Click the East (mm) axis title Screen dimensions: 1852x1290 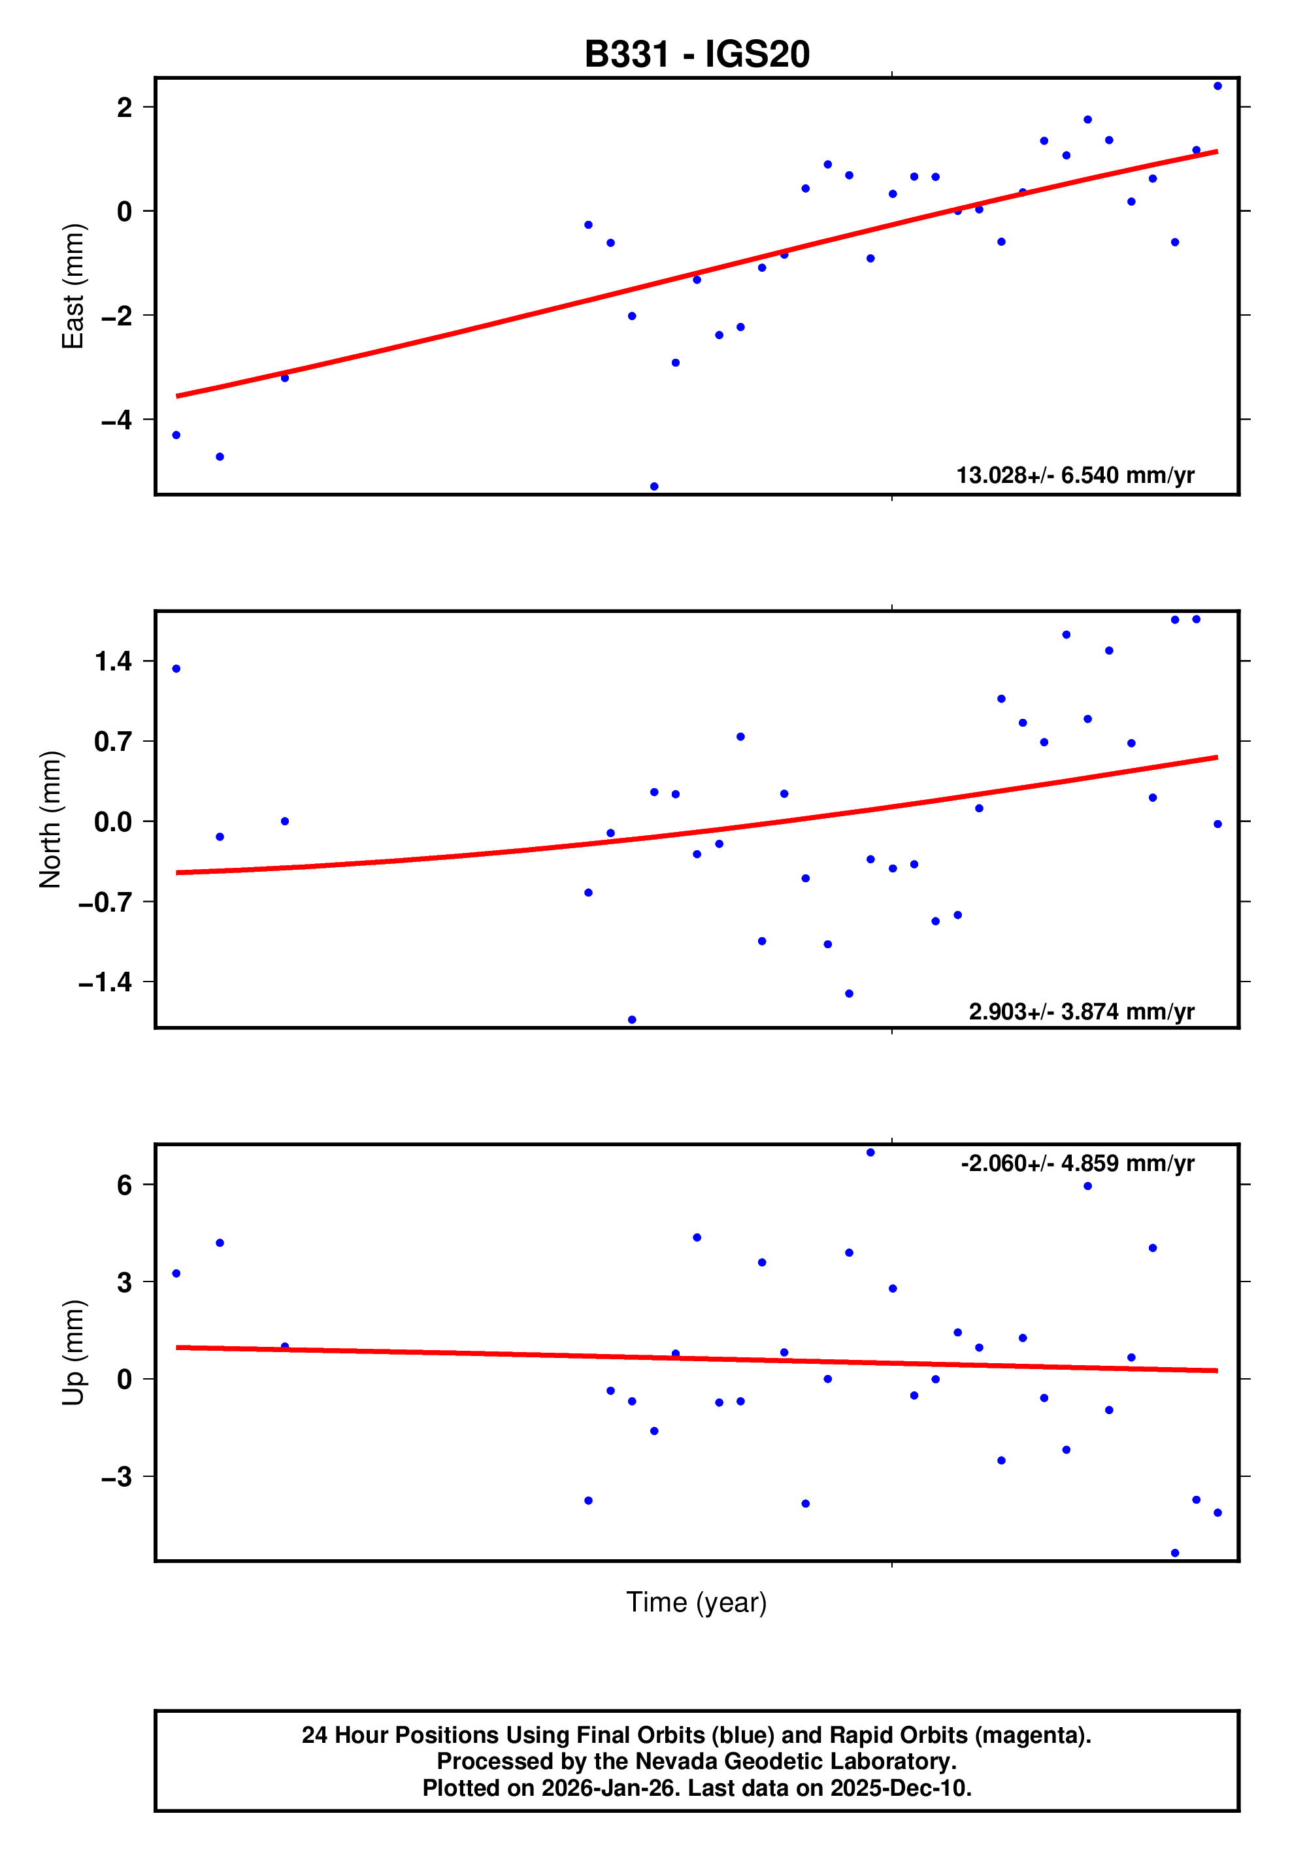click(73, 286)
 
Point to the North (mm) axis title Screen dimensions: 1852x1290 click(50, 819)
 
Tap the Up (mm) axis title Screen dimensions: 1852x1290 click(73, 1353)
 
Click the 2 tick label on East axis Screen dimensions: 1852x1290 click(124, 107)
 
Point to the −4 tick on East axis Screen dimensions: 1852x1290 click(116, 420)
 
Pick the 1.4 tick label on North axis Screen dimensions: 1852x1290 click(113, 661)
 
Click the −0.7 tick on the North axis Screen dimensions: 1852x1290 click(105, 902)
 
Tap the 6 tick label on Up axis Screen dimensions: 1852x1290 click(124, 1185)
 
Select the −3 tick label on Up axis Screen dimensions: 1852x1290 click(116, 1477)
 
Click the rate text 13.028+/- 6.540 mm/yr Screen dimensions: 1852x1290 click(1074, 475)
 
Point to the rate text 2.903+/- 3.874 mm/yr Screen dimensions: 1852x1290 click(1081, 1012)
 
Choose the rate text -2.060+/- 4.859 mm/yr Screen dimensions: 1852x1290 click(1077, 1163)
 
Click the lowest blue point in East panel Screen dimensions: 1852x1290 click(654, 486)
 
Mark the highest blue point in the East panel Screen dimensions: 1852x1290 click(1217, 86)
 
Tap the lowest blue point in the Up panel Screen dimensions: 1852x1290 click(1174, 1553)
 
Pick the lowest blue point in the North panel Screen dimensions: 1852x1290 click(632, 1019)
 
